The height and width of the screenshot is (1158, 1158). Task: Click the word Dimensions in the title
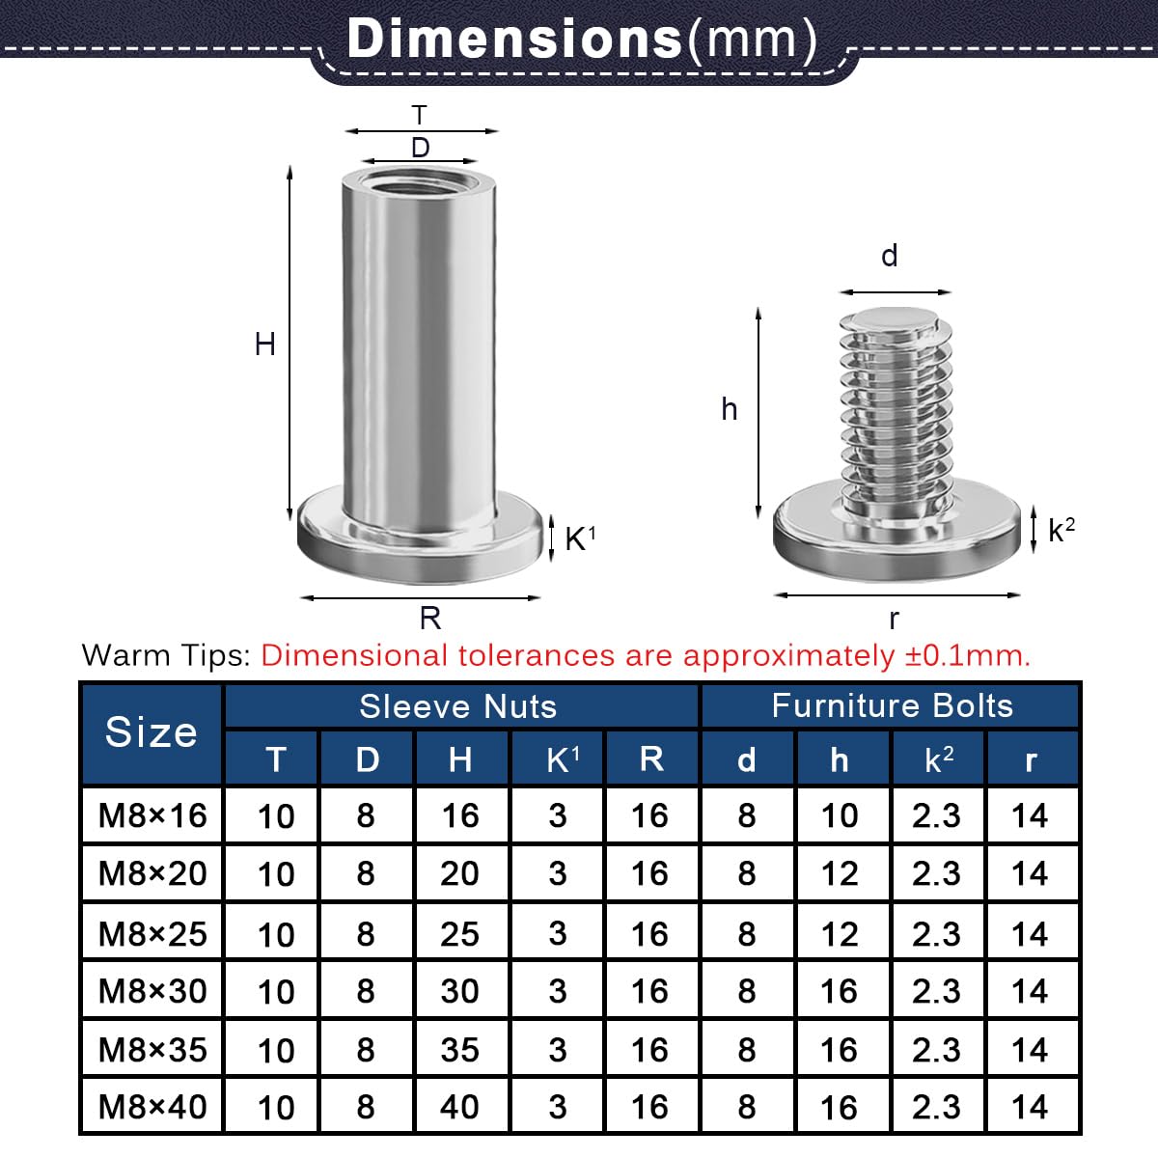pyautogui.click(x=514, y=38)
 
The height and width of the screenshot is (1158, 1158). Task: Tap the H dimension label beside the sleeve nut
pyautogui.click(x=265, y=345)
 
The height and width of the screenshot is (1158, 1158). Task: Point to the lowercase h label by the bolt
pyautogui.click(x=729, y=409)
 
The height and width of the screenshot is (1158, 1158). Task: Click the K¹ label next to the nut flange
pyautogui.click(x=580, y=538)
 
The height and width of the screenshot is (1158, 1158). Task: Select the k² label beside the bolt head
pyautogui.click(x=1061, y=530)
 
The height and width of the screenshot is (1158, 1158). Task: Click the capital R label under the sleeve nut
pyautogui.click(x=430, y=618)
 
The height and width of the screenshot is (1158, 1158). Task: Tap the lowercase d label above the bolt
pyautogui.click(x=890, y=256)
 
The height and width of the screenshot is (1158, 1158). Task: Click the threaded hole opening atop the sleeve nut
pyautogui.click(x=419, y=180)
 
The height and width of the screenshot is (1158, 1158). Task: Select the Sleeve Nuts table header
pyautogui.click(x=458, y=706)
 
